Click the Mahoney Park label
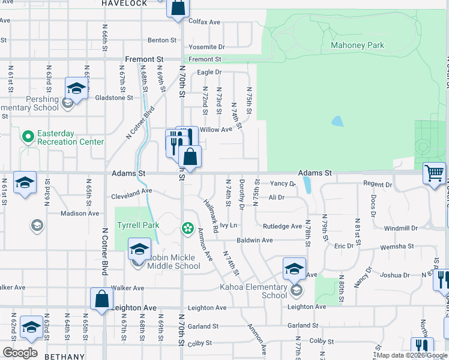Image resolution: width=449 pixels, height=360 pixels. [x=357, y=45]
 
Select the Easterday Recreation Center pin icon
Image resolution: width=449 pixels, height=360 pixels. [x=27, y=137]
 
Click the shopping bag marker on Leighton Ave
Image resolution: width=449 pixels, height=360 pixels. [x=102, y=299]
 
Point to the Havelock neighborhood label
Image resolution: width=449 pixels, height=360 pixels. [x=124, y=4]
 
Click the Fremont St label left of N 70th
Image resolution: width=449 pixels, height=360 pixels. [x=144, y=59]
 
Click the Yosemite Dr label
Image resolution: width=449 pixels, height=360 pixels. [x=206, y=46]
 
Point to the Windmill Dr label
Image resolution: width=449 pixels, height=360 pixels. [x=400, y=228]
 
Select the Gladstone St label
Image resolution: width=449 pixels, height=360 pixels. [x=113, y=97]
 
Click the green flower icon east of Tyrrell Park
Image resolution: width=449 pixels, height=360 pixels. [x=188, y=228]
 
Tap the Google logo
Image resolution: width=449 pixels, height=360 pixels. [x=20, y=353]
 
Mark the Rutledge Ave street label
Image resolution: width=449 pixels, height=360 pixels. [x=282, y=226]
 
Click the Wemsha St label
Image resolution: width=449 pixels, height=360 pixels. [x=399, y=246]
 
